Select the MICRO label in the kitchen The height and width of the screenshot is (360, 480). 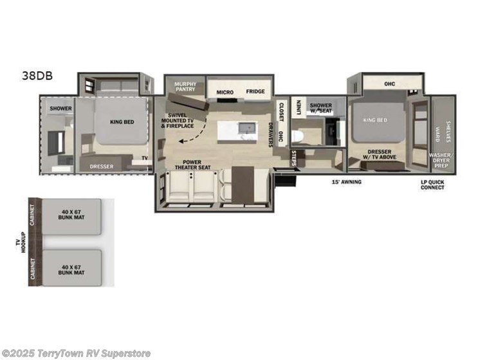[225, 92]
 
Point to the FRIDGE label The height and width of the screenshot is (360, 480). [255, 92]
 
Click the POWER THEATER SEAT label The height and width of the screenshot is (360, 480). [192, 165]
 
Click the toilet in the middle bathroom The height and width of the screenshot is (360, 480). [297, 136]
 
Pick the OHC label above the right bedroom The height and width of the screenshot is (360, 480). [389, 84]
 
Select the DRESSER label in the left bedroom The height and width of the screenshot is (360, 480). [102, 166]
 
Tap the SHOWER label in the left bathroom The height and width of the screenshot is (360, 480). [60, 109]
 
